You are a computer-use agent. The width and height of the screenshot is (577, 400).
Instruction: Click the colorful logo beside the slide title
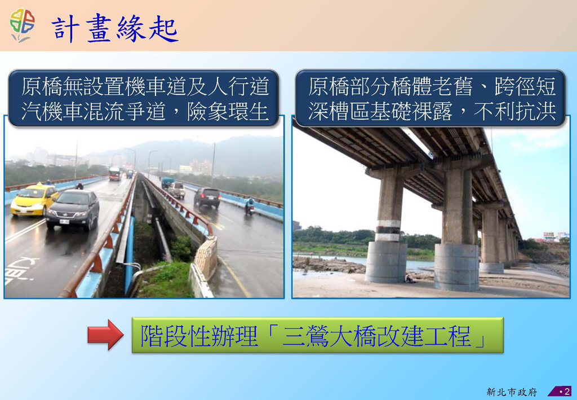tap(22, 25)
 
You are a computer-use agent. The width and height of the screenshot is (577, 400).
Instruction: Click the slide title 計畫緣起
tap(115, 28)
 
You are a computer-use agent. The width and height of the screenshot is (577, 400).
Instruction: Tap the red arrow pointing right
tap(105, 335)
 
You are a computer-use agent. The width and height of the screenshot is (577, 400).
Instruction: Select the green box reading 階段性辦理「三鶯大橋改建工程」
tap(317, 335)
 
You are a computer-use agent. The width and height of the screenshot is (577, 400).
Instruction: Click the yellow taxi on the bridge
tap(34, 199)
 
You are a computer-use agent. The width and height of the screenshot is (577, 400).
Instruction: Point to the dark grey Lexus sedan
tap(73, 210)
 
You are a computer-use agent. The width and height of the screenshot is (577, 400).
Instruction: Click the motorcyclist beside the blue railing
tap(250, 206)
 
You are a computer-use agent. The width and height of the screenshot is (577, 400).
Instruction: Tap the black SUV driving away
tap(207, 197)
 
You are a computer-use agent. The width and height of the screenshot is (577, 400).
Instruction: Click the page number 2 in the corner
tap(567, 391)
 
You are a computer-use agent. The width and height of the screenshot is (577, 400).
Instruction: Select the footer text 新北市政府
tap(512, 392)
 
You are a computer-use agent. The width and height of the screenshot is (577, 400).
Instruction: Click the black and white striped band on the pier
tap(388, 231)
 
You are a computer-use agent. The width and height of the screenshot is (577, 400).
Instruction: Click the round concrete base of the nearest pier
tap(456, 267)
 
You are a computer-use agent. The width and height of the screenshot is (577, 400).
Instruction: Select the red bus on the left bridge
tap(115, 173)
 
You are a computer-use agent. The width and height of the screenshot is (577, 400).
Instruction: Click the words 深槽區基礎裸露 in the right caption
tap(380, 111)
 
